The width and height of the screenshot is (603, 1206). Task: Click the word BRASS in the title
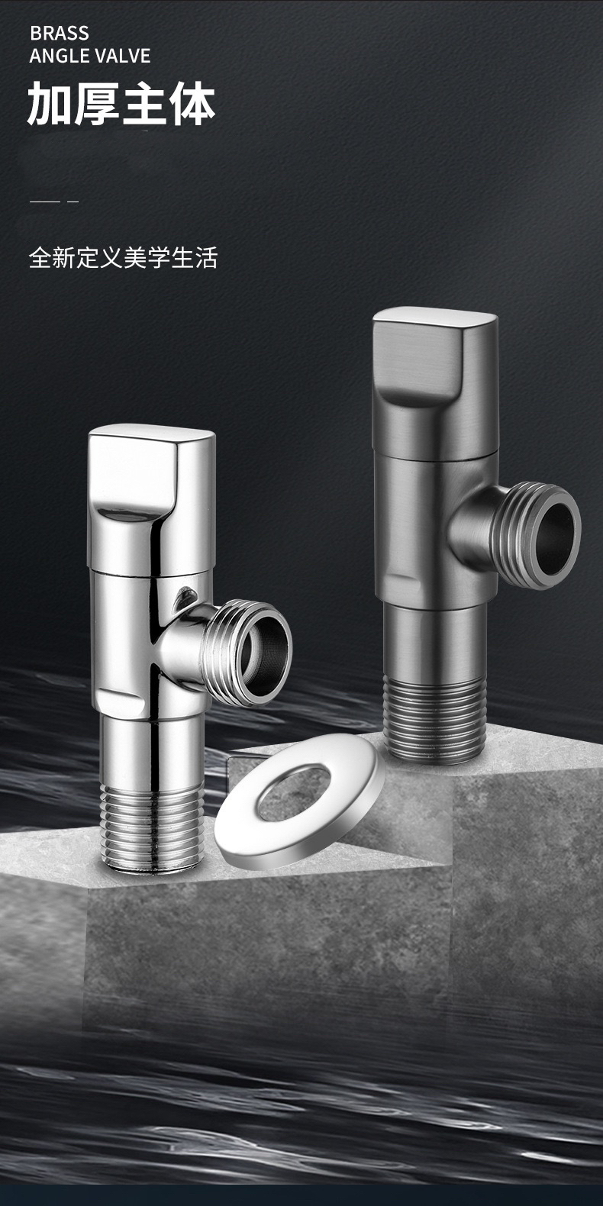pos(60,34)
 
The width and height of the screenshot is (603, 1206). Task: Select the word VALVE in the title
pos(124,56)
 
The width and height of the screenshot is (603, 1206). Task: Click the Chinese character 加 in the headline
pos(50,104)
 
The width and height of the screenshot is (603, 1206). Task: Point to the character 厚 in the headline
pos(98,104)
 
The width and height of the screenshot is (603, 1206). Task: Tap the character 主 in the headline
pos(145,104)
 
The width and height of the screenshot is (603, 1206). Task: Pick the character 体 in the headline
pos(192,104)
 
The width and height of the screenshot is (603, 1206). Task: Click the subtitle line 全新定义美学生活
pos(124,257)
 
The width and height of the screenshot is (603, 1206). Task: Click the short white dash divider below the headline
pos(54,202)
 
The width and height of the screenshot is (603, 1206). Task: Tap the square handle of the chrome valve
pos(151,498)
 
